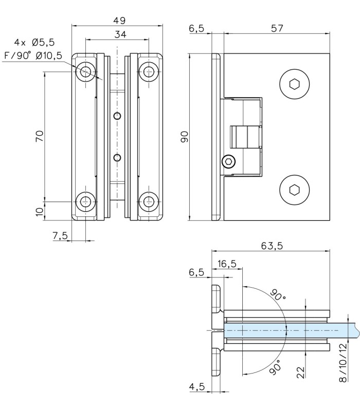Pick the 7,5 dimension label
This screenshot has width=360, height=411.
click(x=60, y=235)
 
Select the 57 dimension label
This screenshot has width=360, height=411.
click(x=277, y=29)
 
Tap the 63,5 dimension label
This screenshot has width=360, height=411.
click(x=272, y=246)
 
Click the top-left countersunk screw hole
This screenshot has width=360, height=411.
click(x=86, y=71)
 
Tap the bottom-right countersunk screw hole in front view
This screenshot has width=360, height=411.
click(x=150, y=201)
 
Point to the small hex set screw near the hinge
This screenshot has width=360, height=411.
click(x=228, y=162)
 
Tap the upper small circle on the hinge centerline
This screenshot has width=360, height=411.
click(x=118, y=116)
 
